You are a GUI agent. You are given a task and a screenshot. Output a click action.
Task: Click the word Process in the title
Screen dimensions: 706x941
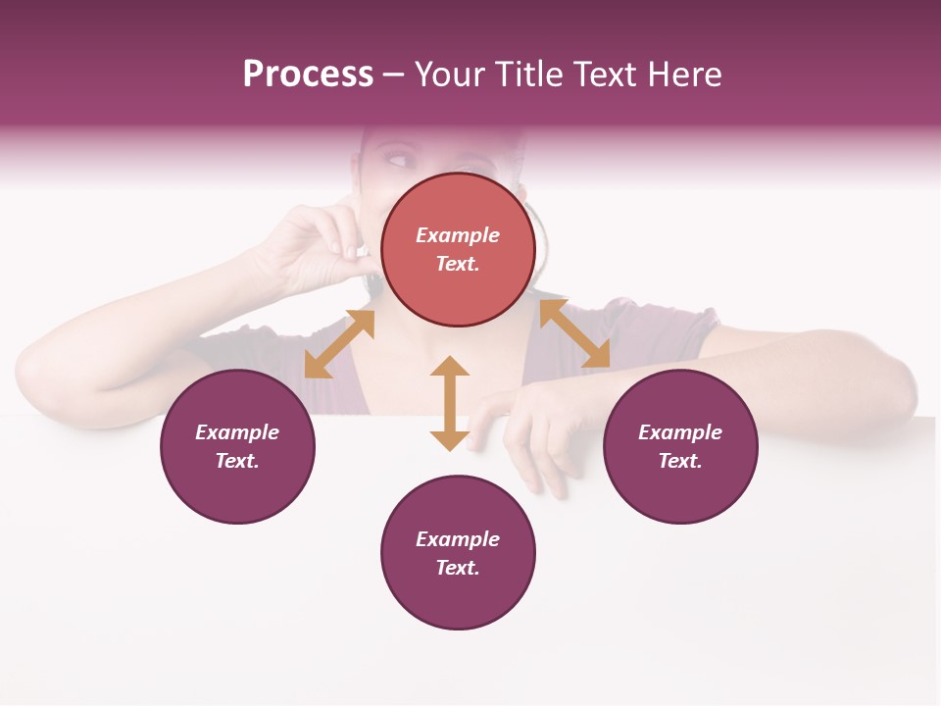[x=308, y=75]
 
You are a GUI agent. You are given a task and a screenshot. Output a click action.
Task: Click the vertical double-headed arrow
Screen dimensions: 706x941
[x=450, y=403]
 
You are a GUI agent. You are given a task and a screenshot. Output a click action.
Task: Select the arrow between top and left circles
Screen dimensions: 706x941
[x=339, y=344]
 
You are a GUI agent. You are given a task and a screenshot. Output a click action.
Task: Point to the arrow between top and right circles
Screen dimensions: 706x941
[x=574, y=334]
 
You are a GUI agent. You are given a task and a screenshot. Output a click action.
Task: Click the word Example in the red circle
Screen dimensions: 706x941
[x=458, y=235]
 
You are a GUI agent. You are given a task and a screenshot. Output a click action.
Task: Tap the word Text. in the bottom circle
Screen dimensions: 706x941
[x=458, y=568]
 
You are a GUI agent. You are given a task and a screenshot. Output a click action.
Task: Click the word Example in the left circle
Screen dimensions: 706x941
[x=237, y=432]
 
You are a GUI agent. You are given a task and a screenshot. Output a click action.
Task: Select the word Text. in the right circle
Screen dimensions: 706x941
[x=680, y=461]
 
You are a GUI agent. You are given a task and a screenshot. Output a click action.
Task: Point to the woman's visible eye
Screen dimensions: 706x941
[x=402, y=157]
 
